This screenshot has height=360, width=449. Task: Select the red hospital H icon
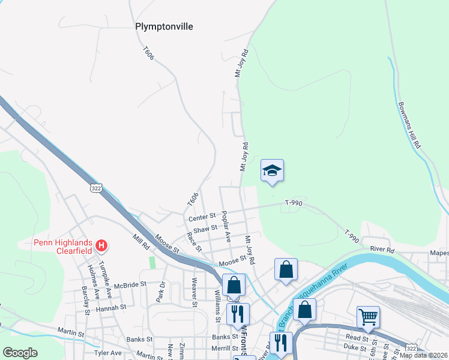(x=102, y=245)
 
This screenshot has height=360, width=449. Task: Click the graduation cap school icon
(x=272, y=170)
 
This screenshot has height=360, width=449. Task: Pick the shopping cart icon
(x=367, y=316)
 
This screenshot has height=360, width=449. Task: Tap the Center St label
(x=201, y=217)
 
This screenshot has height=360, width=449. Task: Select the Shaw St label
(x=205, y=228)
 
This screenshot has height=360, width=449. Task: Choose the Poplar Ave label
(x=226, y=226)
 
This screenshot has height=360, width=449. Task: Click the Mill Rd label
(x=142, y=242)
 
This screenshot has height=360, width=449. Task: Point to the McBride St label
(x=130, y=284)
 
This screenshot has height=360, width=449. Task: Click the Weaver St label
(x=194, y=291)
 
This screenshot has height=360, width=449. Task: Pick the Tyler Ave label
(x=108, y=353)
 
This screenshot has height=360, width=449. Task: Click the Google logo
(x=20, y=353)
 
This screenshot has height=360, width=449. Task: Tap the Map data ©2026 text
(x=423, y=355)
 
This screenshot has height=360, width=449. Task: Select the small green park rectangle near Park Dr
(x=152, y=263)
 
